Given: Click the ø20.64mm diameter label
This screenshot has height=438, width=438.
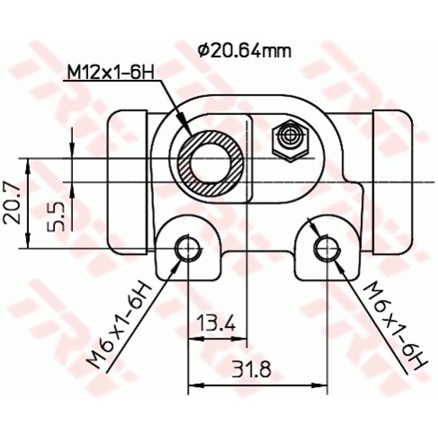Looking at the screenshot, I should [244, 51].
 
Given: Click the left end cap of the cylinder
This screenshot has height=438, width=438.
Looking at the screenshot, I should [128, 181].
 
